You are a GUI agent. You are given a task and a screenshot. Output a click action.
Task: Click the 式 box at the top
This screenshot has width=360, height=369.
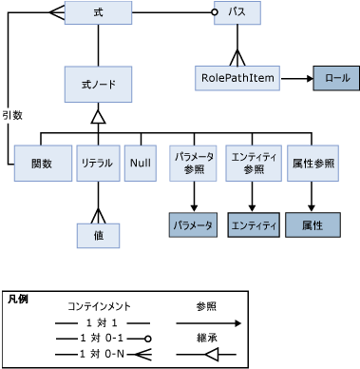(98, 13)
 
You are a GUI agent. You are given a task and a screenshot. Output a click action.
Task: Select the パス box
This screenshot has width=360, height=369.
(237, 13)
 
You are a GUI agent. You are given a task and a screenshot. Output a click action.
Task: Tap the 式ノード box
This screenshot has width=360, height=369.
(98, 84)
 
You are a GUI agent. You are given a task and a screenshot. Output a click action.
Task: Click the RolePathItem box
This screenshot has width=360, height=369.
(237, 78)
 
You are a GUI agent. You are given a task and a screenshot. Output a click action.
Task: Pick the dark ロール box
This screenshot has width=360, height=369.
(336, 78)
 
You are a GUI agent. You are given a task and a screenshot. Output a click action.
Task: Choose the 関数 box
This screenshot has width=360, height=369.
(42, 163)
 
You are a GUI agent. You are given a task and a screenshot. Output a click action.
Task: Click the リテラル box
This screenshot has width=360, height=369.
(97, 163)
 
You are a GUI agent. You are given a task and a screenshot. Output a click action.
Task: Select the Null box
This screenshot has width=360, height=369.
(141, 163)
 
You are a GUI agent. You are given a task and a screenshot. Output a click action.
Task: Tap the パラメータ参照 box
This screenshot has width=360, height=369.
(194, 163)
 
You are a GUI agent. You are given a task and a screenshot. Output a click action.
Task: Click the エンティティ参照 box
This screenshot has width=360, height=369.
(254, 163)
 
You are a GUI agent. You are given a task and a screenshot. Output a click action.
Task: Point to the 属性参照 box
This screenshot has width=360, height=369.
(313, 163)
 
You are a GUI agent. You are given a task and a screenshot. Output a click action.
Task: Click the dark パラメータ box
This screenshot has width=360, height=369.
(194, 225)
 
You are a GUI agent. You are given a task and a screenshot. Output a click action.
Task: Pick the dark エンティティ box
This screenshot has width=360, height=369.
(254, 225)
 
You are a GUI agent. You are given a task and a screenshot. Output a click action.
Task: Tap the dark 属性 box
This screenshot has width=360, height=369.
(313, 225)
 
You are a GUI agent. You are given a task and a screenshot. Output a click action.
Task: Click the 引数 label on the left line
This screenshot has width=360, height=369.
(12, 114)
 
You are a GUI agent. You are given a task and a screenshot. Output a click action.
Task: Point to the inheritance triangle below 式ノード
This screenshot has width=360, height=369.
(98, 116)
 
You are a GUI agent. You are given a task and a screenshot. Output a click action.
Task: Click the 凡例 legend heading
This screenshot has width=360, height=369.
(18, 299)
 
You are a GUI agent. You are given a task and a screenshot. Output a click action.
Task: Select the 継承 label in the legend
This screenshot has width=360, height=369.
(207, 338)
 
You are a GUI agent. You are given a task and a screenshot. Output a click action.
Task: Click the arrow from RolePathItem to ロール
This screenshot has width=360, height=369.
(295, 78)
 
